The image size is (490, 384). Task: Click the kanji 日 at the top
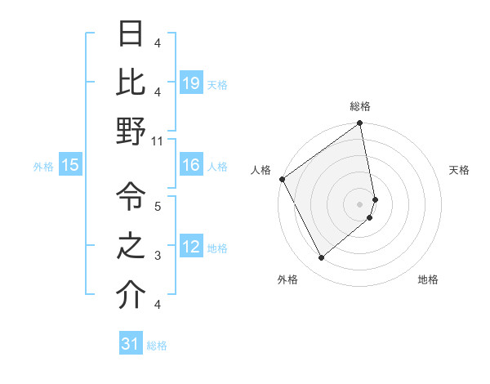[x=131, y=34]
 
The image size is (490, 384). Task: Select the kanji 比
[x=131, y=82]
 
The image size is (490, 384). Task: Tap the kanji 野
[x=131, y=132]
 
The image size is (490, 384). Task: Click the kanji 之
[x=131, y=246]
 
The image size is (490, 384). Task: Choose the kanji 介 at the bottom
[x=131, y=296]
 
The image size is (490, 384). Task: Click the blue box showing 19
[x=191, y=83]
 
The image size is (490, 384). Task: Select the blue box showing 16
[x=191, y=166]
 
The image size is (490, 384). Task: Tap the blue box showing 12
[x=191, y=247]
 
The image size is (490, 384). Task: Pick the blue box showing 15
[x=70, y=166]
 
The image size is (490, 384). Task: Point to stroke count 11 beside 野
[x=158, y=141]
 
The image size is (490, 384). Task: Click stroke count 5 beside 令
[x=158, y=206]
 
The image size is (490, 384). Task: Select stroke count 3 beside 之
[x=158, y=256]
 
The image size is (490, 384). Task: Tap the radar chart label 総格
[x=360, y=106]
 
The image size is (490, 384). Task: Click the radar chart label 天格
[x=459, y=170]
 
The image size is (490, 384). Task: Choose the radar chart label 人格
[x=261, y=170]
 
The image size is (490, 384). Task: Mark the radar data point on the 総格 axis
[x=359, y=124]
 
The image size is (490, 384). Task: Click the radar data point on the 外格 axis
[x=321, y=258]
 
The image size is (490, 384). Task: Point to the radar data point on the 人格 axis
[x=282, y=179]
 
